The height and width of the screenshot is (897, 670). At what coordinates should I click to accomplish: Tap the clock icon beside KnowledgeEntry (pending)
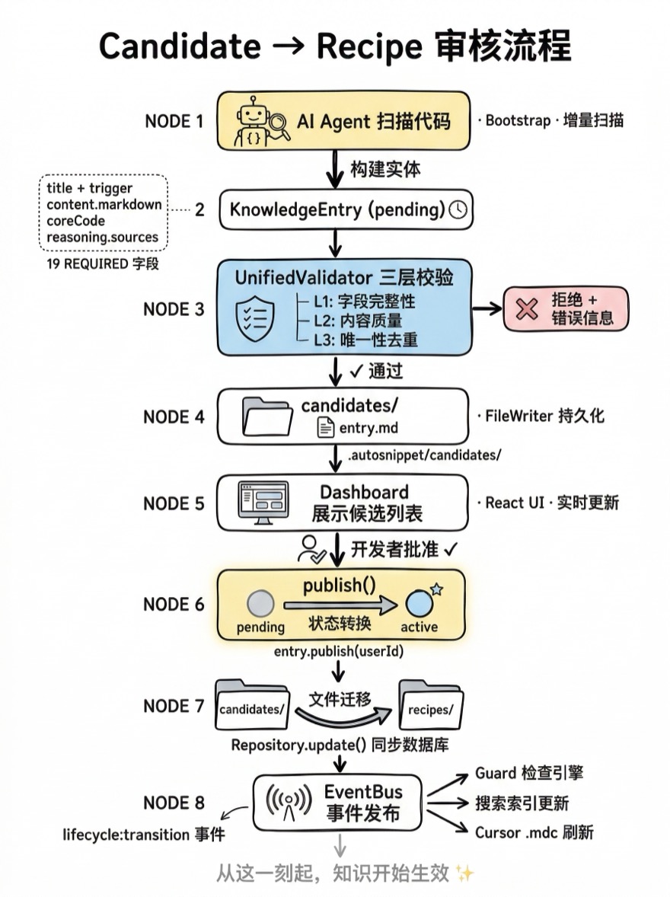coord(458,209)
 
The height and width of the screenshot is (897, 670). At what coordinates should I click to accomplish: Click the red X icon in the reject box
coord(526,308)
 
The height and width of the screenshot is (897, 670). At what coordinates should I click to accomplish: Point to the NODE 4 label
coord(174,417)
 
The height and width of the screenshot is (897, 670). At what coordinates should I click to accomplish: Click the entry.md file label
coord(367,429)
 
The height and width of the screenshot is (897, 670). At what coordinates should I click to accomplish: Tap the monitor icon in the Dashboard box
coord(263,503)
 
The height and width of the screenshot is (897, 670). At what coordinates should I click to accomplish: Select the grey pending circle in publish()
coord(260,604)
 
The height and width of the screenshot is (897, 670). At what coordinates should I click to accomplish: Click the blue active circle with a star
coord(419,603)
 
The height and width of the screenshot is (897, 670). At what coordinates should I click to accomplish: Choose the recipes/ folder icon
coord(431,707)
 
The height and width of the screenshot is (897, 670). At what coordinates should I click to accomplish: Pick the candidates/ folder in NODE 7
coord(251,707)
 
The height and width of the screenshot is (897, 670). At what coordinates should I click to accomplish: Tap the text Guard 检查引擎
coord(528,773)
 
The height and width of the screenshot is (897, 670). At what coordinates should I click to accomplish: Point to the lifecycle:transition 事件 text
coord(144,835)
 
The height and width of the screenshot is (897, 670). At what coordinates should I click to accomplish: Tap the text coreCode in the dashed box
coord(75,221)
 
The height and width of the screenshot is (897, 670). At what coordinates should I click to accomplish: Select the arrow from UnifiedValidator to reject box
coord(487,308)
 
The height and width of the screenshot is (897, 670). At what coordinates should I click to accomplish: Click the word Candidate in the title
coord(180,47)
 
